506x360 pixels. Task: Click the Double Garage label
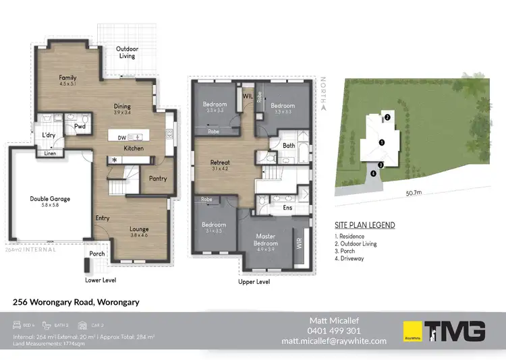(x=50, y=199)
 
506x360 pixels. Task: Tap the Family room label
(x=67, y=78)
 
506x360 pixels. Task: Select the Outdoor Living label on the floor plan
(x=126, y=52)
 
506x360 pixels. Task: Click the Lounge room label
(x=139, y=229)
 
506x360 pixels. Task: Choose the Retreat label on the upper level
(x=220, y=162)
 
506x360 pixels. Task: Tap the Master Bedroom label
(x=268, y=241)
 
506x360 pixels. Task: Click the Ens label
(x=287, y=208)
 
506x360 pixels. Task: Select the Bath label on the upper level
(x=289, y=145)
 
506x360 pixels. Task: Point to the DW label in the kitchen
(x=121, y=138)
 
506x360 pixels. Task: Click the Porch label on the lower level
(x=97, y=254)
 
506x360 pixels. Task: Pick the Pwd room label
(x=80, y=126)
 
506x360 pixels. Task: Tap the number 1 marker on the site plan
(x=382, y=142)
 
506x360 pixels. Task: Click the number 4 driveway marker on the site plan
(x=373, y=173)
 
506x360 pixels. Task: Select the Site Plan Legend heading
(x=364, y=225)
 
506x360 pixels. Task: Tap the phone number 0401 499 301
(x=335, y=331)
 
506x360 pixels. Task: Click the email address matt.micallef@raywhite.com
(x=334, y=341)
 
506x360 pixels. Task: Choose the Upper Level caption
(x=254, y=282)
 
